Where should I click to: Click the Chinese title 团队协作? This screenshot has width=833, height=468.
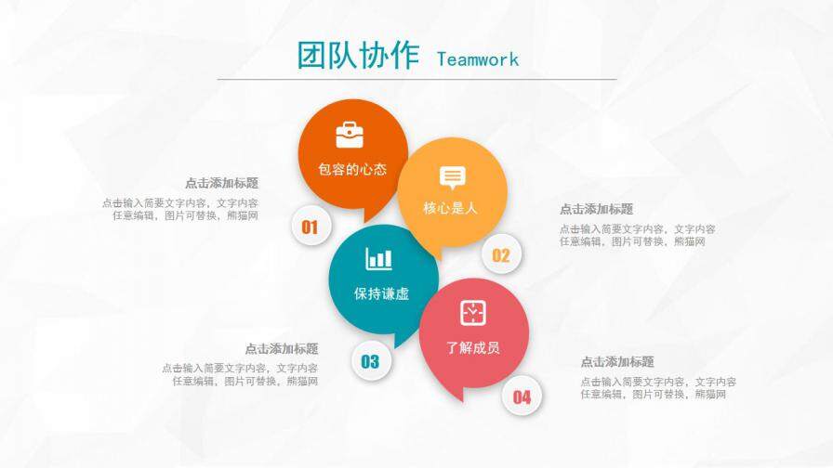pyautogui.click(x=358, y=56)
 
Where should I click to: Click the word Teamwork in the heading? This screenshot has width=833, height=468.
pyautogui.click(x=478, y=59)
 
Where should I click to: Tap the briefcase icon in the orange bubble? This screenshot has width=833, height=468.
pyautogui.click(x=350, y=135)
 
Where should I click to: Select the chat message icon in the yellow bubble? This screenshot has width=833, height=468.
pyautogui.click(x=453, y=177)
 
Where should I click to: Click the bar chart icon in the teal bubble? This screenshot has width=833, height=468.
pyautogui.click(x=379, y=259)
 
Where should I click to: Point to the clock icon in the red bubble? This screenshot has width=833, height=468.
pyautogui.click(x=473, y=312)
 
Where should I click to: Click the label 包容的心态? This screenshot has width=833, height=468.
pyautogui.click(x=352, y=170)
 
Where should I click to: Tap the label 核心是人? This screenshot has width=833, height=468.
pyautogui.click(x=451, y=209)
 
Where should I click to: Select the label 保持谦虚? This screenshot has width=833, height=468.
pyautogui.click(x=381, y=293)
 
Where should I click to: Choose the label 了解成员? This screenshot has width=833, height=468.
pyautogui.click(x=473, y=347)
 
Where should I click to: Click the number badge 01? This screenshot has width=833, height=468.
pyautogui.click(x=311, y=227)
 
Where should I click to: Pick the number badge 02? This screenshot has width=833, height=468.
pyautogui.click(x=501, y=256)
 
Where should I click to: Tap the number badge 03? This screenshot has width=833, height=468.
pyautogui.click(x=370, y=361)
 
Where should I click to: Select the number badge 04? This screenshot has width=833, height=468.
pyautogui.click(x=522, y=397)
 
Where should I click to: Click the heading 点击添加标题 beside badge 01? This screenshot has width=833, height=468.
pyautogui.click(x=221, y=183)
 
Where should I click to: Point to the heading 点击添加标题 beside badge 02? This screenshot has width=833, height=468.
pyautogui.click(x=596, y=209)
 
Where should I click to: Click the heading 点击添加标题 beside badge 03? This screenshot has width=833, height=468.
pyautogui.click(x=281, y=348)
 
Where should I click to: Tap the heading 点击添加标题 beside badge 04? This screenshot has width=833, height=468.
pyautogui.click(x=617, y=361)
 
